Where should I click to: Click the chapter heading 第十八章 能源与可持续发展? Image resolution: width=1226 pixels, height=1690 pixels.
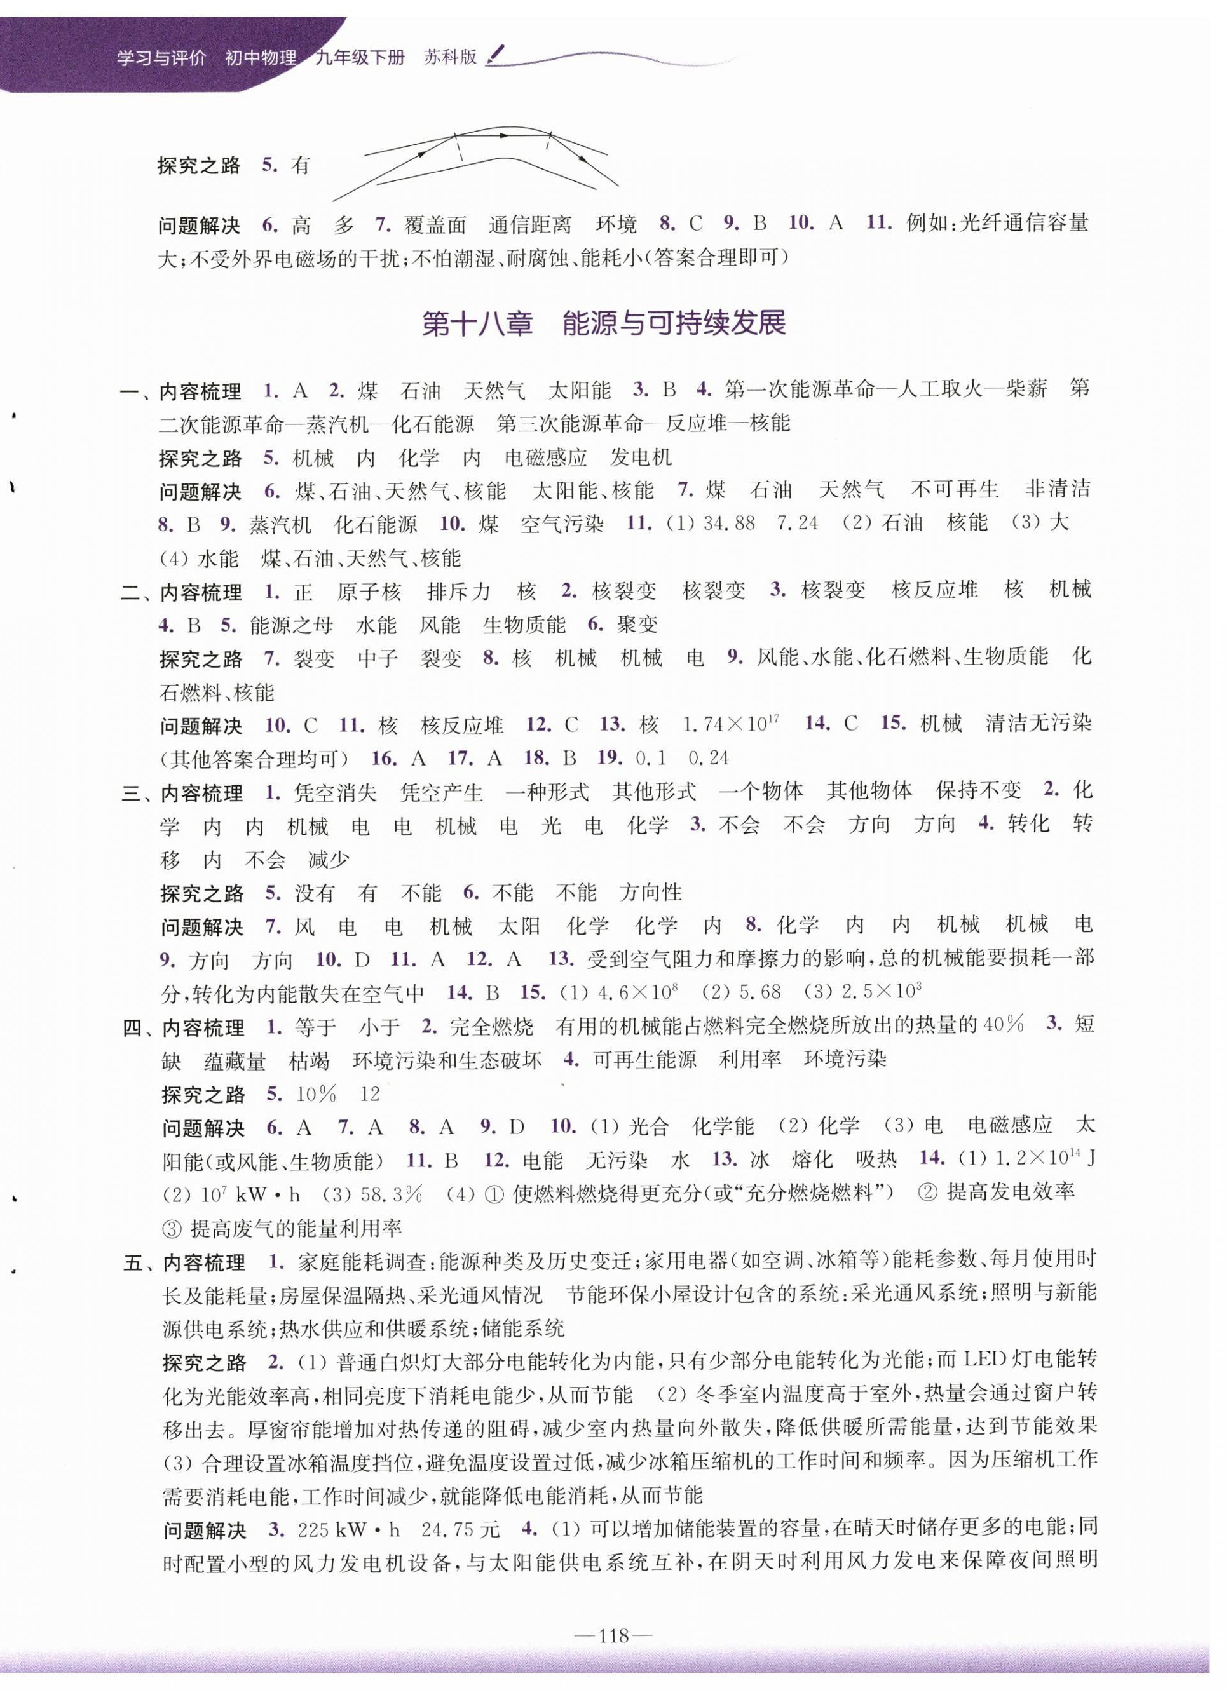coord(604,324)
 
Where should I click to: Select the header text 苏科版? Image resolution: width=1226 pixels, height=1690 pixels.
coord(450,57)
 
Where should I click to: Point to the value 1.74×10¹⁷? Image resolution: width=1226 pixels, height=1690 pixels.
coord(730,724)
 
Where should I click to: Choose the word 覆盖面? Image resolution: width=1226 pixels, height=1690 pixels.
coord(435,224)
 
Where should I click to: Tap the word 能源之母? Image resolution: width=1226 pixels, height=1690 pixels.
coord(292,625)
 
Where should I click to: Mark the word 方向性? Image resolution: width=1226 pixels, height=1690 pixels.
coord(651,892)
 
